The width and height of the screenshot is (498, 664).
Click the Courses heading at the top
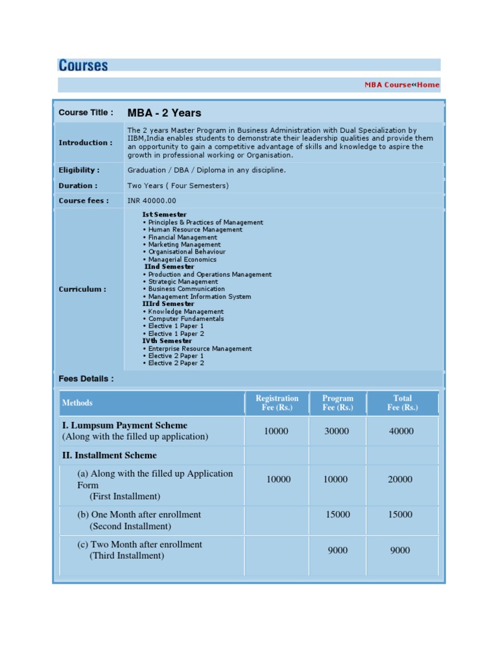pyautogui.click(x=83, y=65)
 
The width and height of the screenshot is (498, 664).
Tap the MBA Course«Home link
pyautogui.click(x=401, y=85)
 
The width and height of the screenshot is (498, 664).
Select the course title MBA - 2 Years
pyautogui.click(x=164, y=113)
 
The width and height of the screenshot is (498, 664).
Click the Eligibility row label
pyautogui.click(x=79, y=170)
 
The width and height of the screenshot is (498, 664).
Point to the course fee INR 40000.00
pyautogui.click(x=152, y=200)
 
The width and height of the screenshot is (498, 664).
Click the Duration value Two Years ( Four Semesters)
pyautogui.click(x=178, y=185)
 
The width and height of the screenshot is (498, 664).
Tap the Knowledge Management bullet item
pyautogui.click(x=185, y=312)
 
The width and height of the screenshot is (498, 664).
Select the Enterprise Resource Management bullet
pyautogui.click(x=200, y=349)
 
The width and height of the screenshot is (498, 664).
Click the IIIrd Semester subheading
pyautogui.click(x=168, y=304)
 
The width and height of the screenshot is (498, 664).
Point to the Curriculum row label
pyautogui.click(x=82, y=289)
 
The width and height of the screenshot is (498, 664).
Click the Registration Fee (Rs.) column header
pyautogui.click(x=277, y=403)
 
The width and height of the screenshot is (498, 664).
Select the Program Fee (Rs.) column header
pyautogui.click(x=337, y=403)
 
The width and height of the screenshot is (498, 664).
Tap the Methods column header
pyautogui.click(x=77, y=403)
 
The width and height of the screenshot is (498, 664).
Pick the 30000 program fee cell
pyautogui.click(x=337, y=431)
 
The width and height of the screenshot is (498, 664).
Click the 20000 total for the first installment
pyautogui.click(x=400, y=479)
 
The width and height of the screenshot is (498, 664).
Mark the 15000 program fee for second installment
pyautogui.click(x=338, y=514)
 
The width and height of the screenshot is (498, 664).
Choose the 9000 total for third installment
pyautogui.click(x=400, y=550)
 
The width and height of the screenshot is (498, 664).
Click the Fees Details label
pyautogui.click(x=86, y=379)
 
